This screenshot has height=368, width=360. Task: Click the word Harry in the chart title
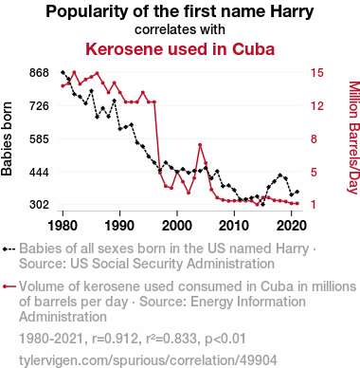(x=292, y=11)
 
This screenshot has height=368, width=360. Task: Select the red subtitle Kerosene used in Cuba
(x=180, y=49)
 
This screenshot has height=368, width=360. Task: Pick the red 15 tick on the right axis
(x=317, y=73)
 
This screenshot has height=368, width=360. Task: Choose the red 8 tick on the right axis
(x=314, y=138)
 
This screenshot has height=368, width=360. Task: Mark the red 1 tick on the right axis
(x=314, y=205)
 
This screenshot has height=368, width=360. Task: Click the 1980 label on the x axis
(x=63, y=226)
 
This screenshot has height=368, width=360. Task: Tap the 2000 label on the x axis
(x=177, y=226)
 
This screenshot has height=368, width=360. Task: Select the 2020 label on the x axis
(x=291, y=226)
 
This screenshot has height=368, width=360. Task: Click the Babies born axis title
(x=7, y=138)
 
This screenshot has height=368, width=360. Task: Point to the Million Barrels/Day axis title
(x=353, y=138)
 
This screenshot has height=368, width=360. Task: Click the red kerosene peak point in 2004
(x=200, y=145)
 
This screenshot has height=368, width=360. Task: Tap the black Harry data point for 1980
(x=63, y=72)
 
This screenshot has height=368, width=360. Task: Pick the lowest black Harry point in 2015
(x=262, y=205)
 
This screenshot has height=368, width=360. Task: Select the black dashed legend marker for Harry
(x=9, y=249)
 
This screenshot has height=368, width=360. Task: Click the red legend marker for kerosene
(x=9, y=286)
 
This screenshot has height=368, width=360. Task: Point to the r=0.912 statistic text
(x=116, y=339)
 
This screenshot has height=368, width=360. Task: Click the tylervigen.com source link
(x=148, y=360)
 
